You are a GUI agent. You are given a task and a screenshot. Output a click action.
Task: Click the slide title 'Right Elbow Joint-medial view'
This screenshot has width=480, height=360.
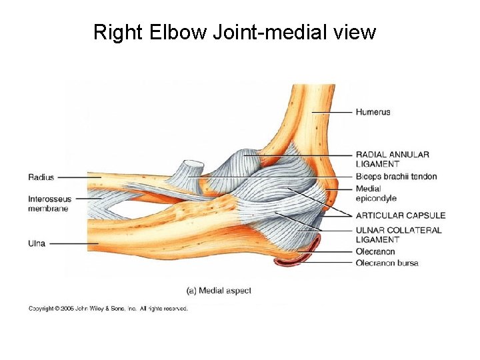235,32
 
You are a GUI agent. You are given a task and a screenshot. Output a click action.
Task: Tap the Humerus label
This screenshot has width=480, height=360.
373,112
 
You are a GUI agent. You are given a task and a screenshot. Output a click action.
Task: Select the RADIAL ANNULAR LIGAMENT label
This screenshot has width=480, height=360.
392,159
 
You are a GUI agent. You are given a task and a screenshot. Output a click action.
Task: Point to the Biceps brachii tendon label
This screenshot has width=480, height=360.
396,176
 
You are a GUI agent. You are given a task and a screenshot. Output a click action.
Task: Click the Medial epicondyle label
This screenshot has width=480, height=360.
376,193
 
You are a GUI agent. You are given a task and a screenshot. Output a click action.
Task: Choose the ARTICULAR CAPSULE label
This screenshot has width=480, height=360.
400,215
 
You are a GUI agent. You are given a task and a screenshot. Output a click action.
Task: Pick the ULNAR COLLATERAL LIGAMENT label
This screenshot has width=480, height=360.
398,235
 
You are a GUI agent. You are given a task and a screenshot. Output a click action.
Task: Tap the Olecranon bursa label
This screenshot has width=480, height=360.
387,263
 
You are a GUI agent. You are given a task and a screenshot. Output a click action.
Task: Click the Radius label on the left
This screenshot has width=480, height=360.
41,177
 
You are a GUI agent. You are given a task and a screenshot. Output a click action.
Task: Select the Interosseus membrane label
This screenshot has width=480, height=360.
49,203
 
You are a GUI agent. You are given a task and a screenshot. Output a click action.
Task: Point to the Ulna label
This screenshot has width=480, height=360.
37,243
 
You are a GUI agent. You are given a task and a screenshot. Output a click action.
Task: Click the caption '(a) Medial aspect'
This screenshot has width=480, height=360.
218,291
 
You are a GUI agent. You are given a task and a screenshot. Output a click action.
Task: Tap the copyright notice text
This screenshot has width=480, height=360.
108,309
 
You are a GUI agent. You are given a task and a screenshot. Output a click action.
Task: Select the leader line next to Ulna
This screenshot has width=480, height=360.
73,243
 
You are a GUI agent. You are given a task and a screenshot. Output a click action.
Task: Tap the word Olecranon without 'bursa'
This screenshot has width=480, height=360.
375,251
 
